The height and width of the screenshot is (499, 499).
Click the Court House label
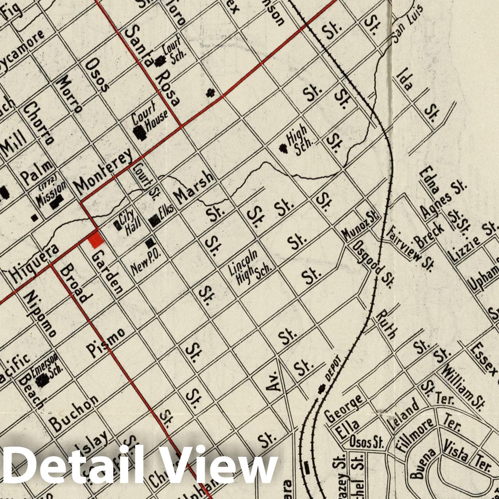coord(150,118)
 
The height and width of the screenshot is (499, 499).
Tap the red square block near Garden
coord(96,240)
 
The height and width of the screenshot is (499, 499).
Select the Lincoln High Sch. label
coord(249,268)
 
